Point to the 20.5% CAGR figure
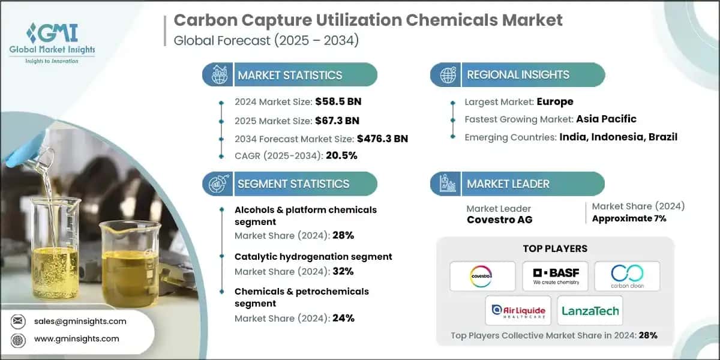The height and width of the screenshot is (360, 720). [x=341, y=156]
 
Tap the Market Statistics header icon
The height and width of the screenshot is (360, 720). [x=217, y=75]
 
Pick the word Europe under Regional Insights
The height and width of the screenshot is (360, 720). [x=555, y=101]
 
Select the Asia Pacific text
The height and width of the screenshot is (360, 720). [x=606, y=119]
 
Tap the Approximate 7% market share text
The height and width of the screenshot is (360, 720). [x=629, y=218]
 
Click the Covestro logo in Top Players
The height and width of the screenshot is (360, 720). [x=482, y=275]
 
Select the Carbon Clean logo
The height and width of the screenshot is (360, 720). [x=626, y=275]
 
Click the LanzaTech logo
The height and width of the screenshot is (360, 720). [x=590, y=310]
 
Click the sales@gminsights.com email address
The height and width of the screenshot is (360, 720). [x=80, y=321]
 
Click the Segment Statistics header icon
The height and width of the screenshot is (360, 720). [x=217, y=184]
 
